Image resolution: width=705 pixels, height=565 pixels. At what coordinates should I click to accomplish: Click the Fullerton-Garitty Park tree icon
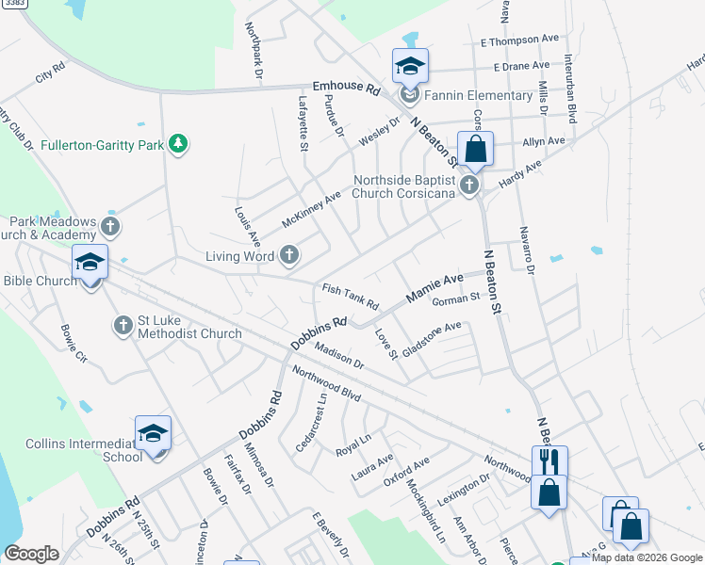177,144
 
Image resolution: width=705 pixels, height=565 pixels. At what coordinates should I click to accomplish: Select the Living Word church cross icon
289,255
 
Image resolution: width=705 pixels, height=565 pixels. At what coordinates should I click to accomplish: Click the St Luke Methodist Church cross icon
122,326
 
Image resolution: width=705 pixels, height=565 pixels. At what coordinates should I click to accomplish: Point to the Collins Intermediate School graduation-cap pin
153,434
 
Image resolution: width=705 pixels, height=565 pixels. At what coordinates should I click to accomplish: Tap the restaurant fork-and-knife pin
549,463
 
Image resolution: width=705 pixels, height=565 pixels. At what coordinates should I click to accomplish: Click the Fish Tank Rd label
350,298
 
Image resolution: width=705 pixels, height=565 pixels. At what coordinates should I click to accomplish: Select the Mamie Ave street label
434,288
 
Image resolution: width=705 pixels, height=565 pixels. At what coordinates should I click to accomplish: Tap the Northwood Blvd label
327,383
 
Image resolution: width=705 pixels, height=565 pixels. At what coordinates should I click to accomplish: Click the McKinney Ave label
311,213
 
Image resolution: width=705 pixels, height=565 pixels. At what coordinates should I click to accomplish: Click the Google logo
31,554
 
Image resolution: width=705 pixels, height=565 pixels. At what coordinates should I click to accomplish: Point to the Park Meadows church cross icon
110,226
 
